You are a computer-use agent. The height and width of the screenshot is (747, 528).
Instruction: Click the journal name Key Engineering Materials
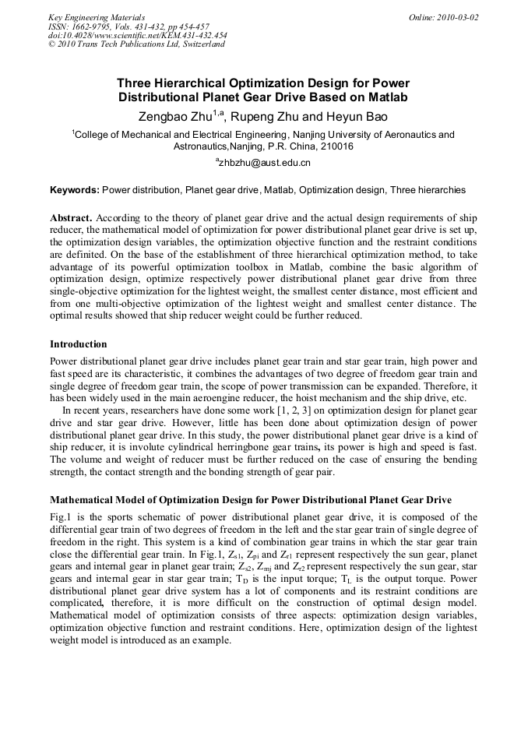[97, 17]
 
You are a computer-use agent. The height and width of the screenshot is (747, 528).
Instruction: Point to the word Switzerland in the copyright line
[201, 44]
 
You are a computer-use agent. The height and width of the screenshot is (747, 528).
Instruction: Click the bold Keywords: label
[75, 189]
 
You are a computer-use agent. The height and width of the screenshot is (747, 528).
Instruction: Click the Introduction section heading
[78, 344]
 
